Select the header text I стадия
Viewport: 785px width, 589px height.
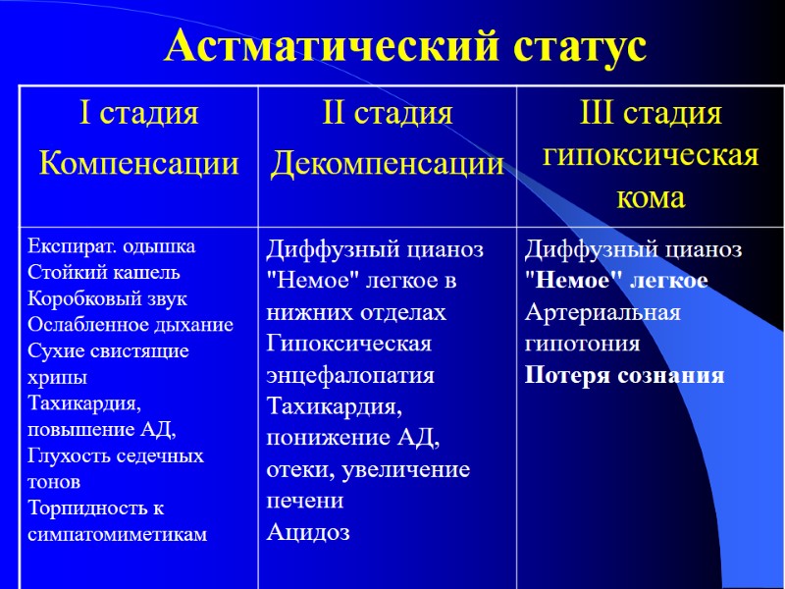[138, 114]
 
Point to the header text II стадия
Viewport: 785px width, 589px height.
[388, 114]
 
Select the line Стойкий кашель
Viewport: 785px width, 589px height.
[104, 272]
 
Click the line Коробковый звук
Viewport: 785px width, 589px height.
[107, 298]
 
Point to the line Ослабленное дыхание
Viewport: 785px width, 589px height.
[131, 325]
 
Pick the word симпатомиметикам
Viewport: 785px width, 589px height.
[118, 534]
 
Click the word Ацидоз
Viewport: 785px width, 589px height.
[308, 533]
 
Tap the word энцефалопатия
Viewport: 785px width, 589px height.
[350, 375]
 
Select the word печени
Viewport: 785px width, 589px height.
[305, 501]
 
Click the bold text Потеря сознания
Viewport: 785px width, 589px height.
[624, 375]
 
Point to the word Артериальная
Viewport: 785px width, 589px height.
[602, 312]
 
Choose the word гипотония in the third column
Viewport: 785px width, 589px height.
[582, 344]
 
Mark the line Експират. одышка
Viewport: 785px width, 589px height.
[111, 245]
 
